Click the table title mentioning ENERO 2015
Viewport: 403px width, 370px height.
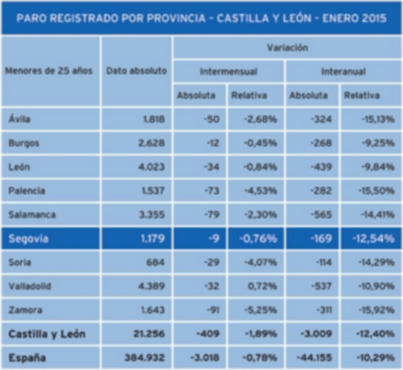201,19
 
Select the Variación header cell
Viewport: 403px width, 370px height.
287,48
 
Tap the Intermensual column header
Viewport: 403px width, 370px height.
228,71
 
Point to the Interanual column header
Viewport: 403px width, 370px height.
343,71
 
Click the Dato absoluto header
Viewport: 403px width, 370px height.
136,71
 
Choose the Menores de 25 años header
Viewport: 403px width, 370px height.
49,71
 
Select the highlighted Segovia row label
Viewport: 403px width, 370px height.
28,239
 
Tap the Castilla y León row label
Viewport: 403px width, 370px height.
46,334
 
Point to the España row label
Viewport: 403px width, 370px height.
27,358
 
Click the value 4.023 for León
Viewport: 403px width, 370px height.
152,167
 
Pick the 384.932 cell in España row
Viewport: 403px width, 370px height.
144,358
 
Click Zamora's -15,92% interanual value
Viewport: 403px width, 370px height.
377,310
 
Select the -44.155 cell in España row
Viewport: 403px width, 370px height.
315,358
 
